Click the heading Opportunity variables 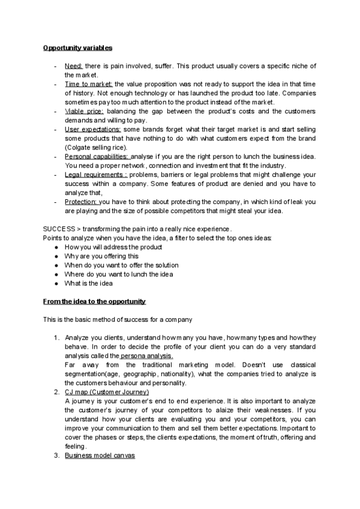pos(77,47)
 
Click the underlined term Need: pos(74,66)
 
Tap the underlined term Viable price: pos(84,111)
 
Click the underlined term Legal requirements pos(90,175)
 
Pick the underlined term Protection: pos(81,202)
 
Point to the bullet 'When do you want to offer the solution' pos(121,265)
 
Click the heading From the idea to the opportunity pos(94,301)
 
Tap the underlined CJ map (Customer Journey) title pos(106,392)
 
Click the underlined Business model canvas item pos(100,456)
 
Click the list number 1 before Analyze pos(56,338)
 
